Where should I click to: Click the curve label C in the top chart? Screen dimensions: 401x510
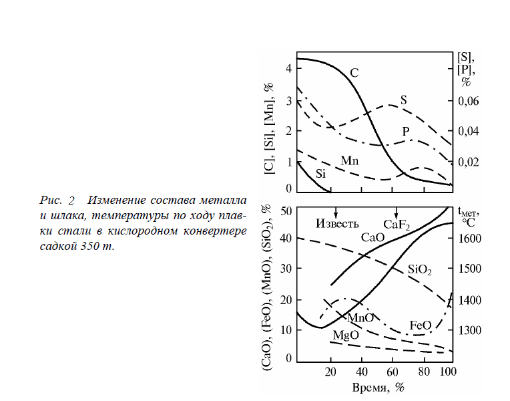(354, 72)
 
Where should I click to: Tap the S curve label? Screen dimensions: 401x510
(404, 100)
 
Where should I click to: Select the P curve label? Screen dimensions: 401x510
(406, 130)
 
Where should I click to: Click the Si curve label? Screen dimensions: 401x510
(320, 174)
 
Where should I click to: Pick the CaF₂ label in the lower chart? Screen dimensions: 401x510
(396, 223)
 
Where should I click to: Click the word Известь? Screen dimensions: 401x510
(338, 223)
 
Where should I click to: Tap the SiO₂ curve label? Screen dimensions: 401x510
(420, 270)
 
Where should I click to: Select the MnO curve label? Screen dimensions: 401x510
(360, 317)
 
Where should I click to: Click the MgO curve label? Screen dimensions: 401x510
(346, 334)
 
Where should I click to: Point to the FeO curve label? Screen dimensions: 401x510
(421, 326)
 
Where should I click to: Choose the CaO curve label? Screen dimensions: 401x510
(373, 237)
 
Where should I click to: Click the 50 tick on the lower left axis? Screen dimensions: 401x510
(287, 211)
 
